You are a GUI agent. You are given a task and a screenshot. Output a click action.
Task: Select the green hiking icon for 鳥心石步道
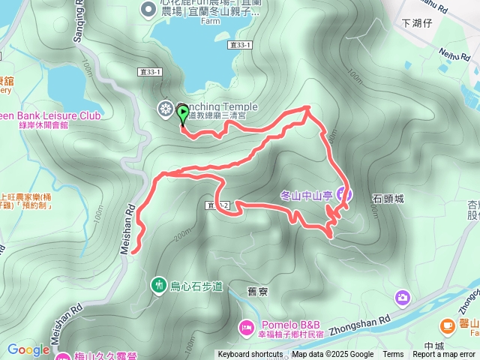pos(159,284)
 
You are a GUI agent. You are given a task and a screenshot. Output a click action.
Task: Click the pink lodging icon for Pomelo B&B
pos(247,327)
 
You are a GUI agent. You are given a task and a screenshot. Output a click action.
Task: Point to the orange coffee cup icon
pos(448,325)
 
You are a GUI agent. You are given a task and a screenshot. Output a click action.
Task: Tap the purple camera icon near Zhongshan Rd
pos(403,298)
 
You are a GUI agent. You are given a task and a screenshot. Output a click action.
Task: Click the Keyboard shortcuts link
pos(250,355)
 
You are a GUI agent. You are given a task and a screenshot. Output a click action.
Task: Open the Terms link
pos(393,355)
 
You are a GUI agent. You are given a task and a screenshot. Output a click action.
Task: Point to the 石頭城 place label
pos(388,199)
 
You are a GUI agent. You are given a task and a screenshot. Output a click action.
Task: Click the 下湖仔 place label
pos(418,23)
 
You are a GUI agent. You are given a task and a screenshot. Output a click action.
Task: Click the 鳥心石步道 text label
pos(197,286)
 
